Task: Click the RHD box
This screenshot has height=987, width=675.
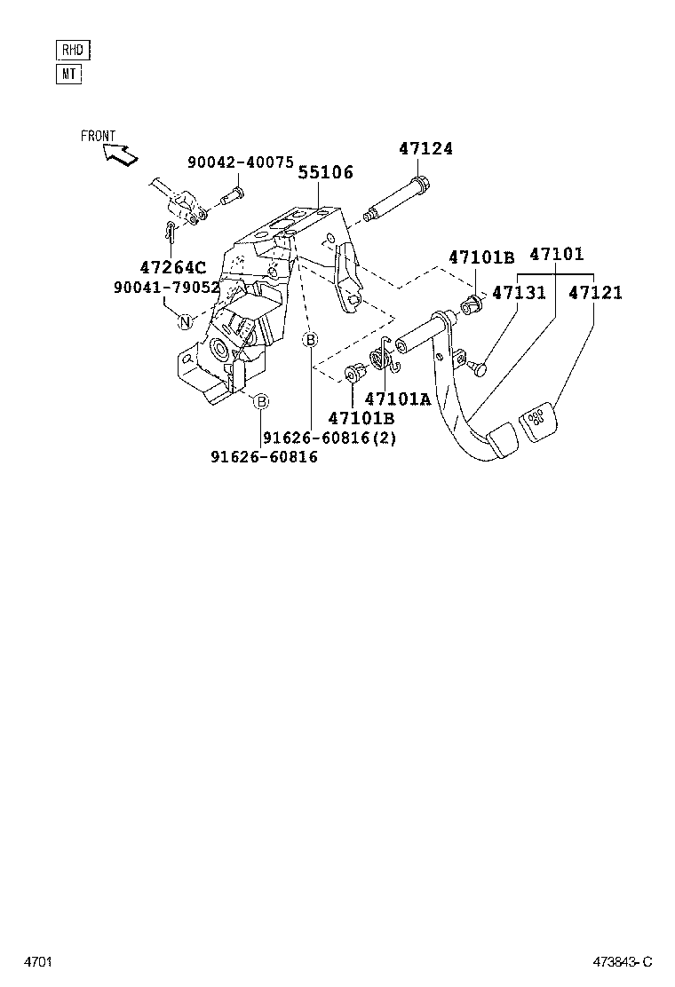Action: point(72,50)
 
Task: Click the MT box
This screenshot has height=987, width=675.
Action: point(68,74)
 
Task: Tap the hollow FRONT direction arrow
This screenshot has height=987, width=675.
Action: point(120,154)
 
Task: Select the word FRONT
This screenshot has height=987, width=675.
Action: point(98,136)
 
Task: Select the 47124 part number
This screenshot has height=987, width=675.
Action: point(425,149)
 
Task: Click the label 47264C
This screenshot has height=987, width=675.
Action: point(173,266)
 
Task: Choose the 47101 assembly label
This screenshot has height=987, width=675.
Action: point(557,255)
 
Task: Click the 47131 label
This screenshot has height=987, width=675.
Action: point(520,292)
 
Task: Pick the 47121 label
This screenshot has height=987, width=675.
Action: point(596,292)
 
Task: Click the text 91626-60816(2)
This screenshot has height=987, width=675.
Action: point(330,438)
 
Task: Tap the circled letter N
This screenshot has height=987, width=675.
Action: point(185,321)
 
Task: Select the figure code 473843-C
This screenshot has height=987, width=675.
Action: point(623,962)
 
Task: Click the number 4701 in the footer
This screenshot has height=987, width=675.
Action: point(37,962)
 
